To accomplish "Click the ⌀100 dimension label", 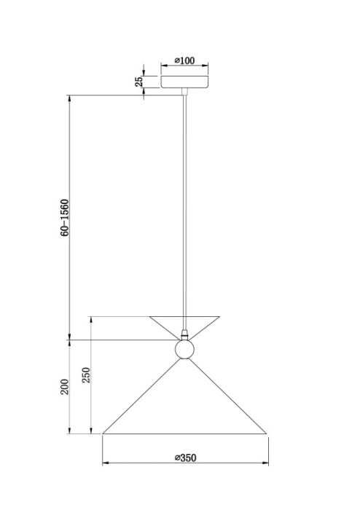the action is point(184,60).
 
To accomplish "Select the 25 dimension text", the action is point(139,82).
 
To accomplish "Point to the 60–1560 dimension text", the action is point(65,218).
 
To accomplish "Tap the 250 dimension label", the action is point(86,375).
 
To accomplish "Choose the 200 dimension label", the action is point(65,387).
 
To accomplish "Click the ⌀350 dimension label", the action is point(185,458).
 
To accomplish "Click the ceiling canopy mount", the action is point(184,82).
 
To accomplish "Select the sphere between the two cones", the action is point(184,349).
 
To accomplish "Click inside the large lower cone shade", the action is point(184,409).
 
